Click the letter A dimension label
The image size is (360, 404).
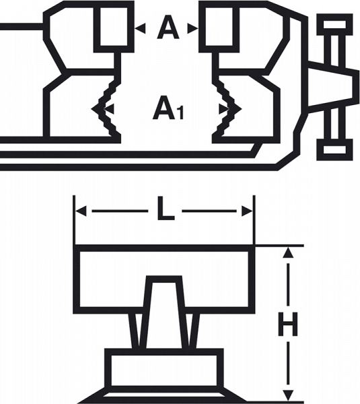point(168,28)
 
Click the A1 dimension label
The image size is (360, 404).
point(168,108)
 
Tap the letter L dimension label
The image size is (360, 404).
point(166,209)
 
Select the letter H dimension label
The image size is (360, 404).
point(288,325)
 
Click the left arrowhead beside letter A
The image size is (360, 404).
point(141,28)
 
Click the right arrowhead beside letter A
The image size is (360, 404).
point(192,28)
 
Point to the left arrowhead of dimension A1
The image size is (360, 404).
point(109,109)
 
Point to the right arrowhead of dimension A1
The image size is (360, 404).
point(223,109)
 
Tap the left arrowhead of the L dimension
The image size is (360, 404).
point(81,211)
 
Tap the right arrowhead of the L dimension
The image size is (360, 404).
point(247,211)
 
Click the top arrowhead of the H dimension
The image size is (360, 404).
point(288,252)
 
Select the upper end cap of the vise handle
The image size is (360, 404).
point(334,25)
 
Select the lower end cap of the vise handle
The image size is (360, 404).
point(334,150)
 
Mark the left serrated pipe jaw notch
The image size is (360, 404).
point(106,108)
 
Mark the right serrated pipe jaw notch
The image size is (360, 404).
point(227,109)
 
